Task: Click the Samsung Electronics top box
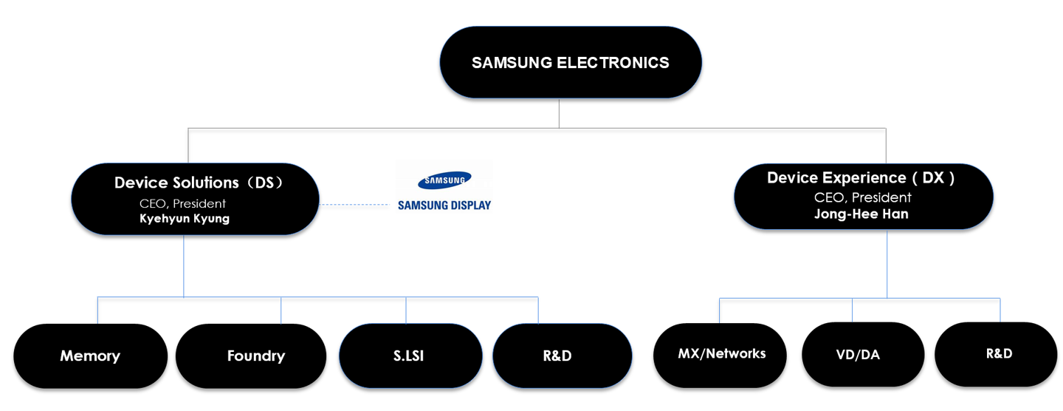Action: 571,62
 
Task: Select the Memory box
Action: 91,356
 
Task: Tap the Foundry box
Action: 251,356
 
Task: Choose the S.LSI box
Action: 410,356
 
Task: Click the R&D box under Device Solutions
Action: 563,356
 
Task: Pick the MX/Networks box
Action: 720,355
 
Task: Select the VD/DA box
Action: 863,355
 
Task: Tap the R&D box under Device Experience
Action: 996,355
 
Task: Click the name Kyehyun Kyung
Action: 185,219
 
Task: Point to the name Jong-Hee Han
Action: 861,214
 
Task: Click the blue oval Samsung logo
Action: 444,180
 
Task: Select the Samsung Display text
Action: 444,205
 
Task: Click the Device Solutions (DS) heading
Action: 199,183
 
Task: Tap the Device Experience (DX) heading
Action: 861,177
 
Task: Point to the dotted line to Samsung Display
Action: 354,205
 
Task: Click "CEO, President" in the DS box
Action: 183,203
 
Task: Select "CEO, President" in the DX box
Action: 863,197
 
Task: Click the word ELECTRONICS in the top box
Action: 613,63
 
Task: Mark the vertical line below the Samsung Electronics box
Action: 559,113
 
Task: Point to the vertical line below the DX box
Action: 887,264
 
